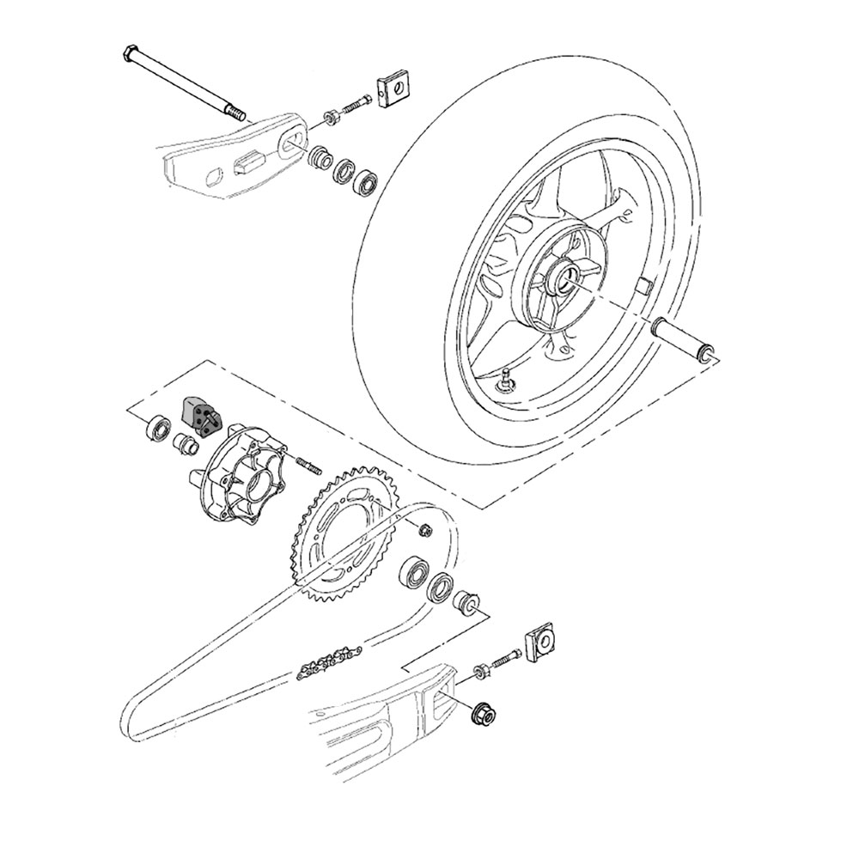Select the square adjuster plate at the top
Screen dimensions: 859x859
(393, 86)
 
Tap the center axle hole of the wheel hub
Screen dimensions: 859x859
(569, 279)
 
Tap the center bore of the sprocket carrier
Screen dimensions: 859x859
(255, 494)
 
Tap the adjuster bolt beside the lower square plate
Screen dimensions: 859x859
(505, 659)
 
